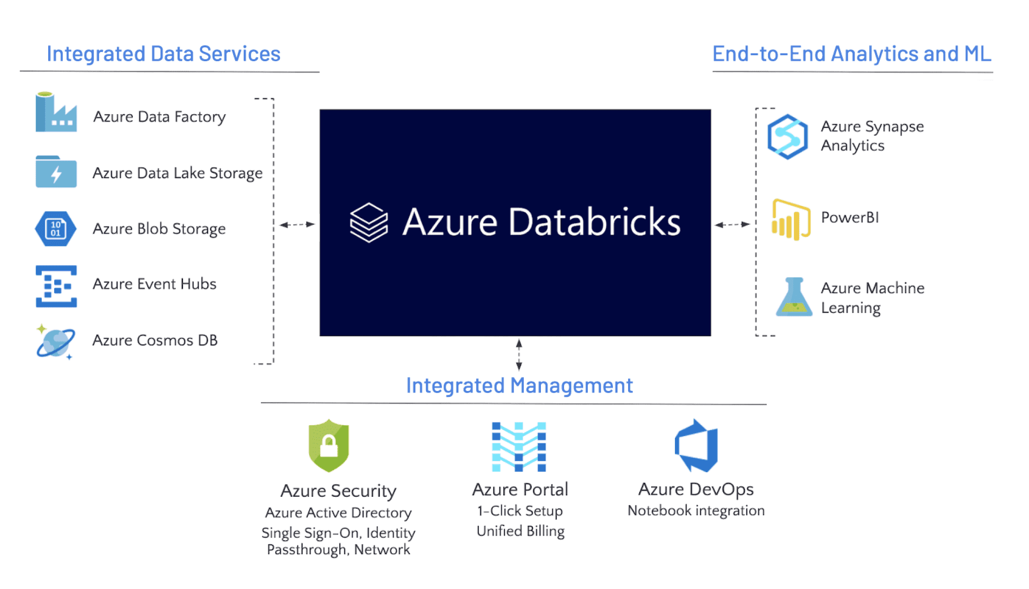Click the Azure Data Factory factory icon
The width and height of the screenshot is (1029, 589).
[56, 113]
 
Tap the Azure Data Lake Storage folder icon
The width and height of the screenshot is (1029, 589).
[56, 172]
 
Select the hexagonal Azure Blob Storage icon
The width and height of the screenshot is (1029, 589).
[56, 228]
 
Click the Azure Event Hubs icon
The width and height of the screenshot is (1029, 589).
[56, 286]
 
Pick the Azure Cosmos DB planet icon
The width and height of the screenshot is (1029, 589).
[55, 342]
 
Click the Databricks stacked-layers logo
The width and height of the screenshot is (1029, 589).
[368, 223]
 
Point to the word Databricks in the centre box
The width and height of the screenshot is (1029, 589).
[594, 222]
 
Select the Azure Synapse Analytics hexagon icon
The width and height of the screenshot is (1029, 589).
[787, 137]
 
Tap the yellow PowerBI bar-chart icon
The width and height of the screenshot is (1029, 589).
[790, 219]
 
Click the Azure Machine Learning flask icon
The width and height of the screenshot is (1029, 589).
[794, 297]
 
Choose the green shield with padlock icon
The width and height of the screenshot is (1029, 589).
[329, 445]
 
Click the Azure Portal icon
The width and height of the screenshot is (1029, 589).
[519, 447]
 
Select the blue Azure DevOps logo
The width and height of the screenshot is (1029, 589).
[696, 446]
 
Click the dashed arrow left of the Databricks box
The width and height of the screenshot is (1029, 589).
[297, 224]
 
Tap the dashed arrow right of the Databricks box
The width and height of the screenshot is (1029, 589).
[732, 224]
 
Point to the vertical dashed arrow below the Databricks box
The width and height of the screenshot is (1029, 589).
[519, 355]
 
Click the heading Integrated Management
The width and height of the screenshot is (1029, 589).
[519, 385]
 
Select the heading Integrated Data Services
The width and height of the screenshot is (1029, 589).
[164, 54]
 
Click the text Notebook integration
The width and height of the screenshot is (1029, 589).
[696, 510]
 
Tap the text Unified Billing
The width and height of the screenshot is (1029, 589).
[520, 531]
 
